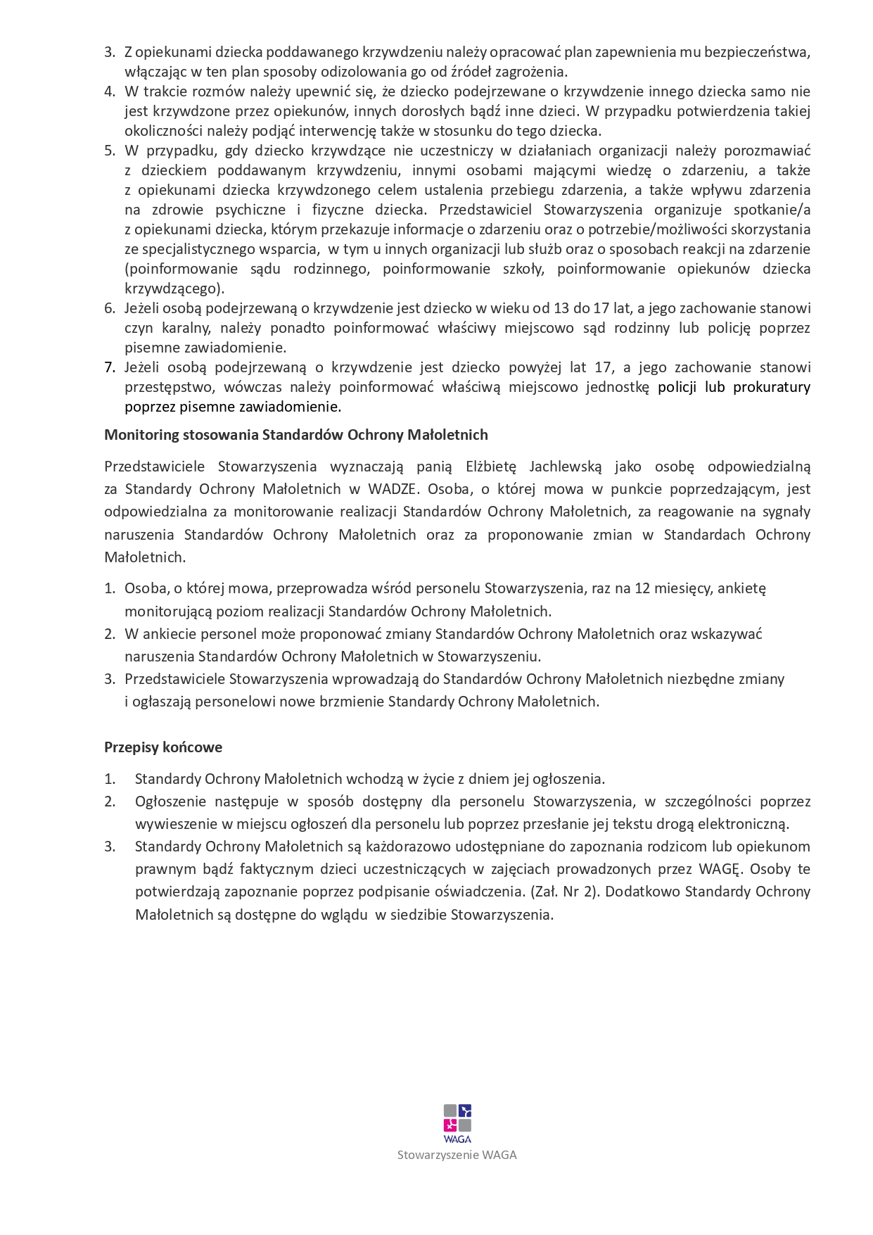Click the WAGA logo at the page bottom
[x=457, y=1123]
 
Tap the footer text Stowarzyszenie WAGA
[x=457, y=1155]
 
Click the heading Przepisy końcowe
[x=163, y=747]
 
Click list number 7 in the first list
[x=110, y=367]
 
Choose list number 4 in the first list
[x=110, y=91]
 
